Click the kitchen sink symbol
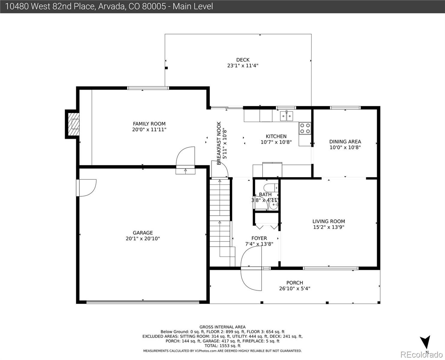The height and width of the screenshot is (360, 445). tap(286, 116)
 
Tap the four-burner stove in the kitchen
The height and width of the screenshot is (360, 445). tap(305, 128)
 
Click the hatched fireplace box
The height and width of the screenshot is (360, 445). tap(74, 124)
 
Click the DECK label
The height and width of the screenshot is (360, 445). tap(243, 60)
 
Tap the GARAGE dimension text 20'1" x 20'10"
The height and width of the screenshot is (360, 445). tap(143, 238)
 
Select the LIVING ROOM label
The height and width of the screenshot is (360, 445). tap(329, 221)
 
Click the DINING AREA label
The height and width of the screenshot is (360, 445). tap(345, 142)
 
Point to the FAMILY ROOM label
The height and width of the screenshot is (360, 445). tap(149, 124)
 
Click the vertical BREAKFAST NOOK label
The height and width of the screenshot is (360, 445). tap(219, 143)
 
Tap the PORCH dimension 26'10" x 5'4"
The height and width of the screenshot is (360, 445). tap(294, 289)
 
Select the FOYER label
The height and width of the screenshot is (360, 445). tap(259, 238)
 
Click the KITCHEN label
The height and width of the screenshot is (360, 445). tap(276, 136)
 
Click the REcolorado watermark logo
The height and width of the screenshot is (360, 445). tap(421, 355)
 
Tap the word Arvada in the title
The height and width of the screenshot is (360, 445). tap(112, 6)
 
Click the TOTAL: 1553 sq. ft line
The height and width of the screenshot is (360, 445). tap(222, 346)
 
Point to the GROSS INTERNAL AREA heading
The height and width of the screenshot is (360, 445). tap(222, 327)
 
